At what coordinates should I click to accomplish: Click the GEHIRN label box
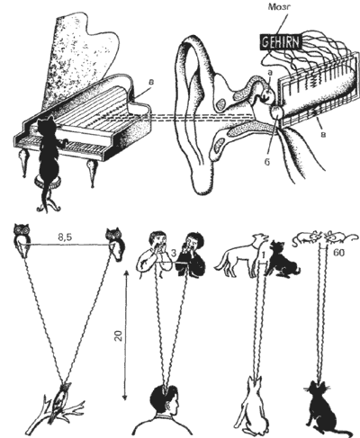(x=281, y=43)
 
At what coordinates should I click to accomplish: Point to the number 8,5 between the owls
(x=66, y=237)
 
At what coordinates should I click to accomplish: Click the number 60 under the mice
(x=338, y=253)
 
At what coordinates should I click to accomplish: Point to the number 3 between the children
(x=174, y=253)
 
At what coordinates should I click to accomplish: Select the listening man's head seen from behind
(x=165, y=398)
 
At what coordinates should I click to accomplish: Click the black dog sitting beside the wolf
(x=282, y=258)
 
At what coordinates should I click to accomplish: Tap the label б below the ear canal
(x=267, y=162)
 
